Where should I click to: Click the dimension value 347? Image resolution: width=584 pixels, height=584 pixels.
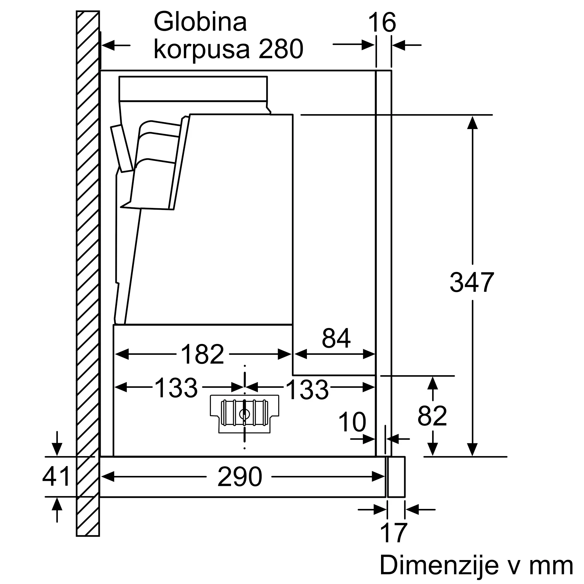click(x=472, y=282)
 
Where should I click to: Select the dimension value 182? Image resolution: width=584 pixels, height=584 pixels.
click(x=202, y=354)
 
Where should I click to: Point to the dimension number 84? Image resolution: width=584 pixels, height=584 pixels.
click(x=336, y=338)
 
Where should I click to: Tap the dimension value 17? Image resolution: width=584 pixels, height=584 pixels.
click(x=394, y=533)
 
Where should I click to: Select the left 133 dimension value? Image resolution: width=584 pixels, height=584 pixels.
click(x=176, y=387)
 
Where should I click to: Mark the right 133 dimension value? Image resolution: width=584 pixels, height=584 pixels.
click(x=307, y=390)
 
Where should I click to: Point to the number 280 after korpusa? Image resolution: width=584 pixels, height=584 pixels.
click(x=281, y=49)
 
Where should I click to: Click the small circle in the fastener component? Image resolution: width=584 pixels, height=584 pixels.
click(x=244, y=414)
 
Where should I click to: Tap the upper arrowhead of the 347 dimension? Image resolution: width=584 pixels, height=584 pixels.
click(x=472, y=123)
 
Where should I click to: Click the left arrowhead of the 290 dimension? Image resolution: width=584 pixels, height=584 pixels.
click(x=108, y=477)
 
